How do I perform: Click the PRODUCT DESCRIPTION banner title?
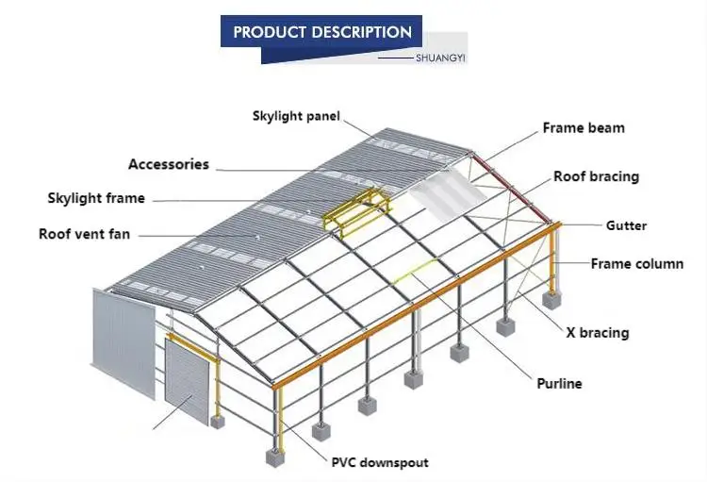click(322, 32)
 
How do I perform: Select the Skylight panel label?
click(296, 116)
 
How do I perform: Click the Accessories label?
click(169, 164)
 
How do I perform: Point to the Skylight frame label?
click(96, 198)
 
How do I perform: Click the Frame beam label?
click(583, 127)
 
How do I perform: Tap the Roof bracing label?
click(596, 176)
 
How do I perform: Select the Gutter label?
click(626, 225)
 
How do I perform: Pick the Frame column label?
click(636, 263)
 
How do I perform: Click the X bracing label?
click(597, 332)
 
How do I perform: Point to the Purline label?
click(559, 383)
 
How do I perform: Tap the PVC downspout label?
click(379, 462)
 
